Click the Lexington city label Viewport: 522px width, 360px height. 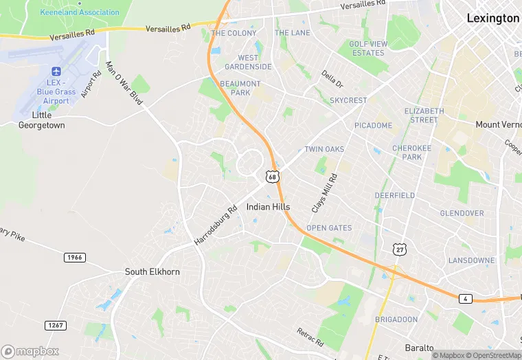pos(492,19)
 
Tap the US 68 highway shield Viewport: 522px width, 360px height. pos(273,177)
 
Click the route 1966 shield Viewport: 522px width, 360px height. pos(75,257)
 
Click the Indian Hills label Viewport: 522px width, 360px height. pos(268,207)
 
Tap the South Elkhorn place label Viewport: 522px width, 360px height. pos(152,271)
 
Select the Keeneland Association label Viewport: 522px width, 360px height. pos(80,12)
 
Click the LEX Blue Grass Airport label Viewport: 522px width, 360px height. pos(56,87)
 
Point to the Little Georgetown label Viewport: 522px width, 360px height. pos(41,120)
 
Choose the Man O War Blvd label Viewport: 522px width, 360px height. pos(124,83)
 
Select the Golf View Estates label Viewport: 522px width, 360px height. pos(367,48)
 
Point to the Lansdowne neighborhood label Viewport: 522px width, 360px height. pos(471,260)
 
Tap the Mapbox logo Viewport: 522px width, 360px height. pos(30,351)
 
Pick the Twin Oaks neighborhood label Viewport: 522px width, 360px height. pos(324,149)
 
